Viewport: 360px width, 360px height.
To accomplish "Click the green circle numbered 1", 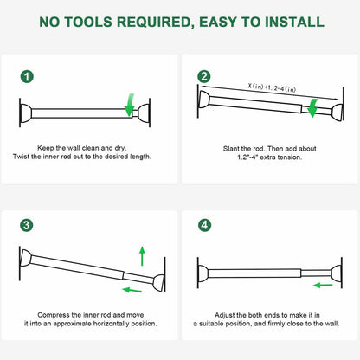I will [x=29, y=77].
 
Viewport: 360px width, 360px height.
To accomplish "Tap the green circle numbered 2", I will [x=204, y=77].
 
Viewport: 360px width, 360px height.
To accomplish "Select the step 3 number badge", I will [x=29, y=226].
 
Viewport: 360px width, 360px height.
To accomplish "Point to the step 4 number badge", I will [x=204, y=226].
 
